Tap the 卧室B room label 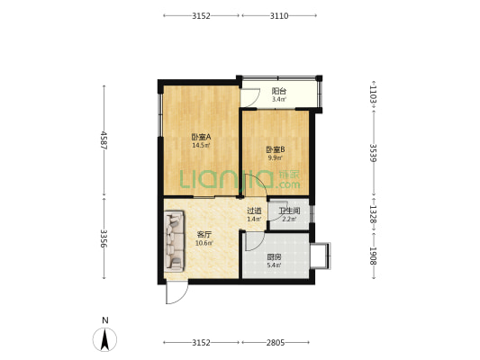coord(276,149)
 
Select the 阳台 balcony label coord(279,91)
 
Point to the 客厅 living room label coord(204,235)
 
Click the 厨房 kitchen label coord(274,256)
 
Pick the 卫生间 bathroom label coord(289,211)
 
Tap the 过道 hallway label coord(254,211)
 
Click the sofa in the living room coord(174,241)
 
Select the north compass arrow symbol coord(105,339)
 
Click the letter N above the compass coord(105,320)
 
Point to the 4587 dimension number coord(104,140)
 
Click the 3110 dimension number coord(279,15)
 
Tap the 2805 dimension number coord(276,343)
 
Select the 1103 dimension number coord(374,94)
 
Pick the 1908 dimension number coord(374,256)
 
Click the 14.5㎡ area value coord(201,146)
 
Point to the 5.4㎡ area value coord(274,265)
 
